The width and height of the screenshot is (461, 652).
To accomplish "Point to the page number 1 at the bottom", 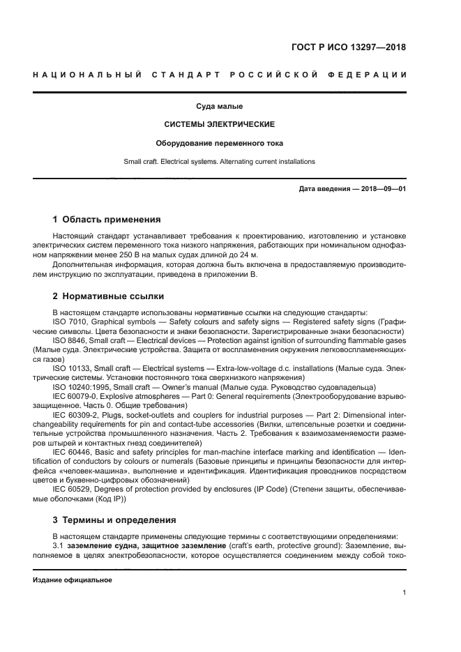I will tap(404, 593).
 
